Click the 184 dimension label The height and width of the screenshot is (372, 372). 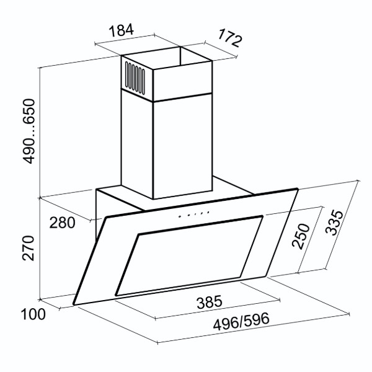tap(122, 30)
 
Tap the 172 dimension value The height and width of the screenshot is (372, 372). tap(229, 37)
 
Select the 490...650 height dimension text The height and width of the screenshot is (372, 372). tap(29, 131)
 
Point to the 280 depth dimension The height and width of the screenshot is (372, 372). tap(62, 223)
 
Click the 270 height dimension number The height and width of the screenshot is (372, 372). tap(29, 248)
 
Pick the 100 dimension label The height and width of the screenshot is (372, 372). tap(33, 314)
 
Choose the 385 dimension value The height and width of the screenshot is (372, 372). tap(210, 302)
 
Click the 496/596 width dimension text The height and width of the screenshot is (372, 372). tap(241, 321)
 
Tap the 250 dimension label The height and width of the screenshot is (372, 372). tap(301, 237)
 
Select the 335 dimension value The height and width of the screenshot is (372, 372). tap(334, 223)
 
